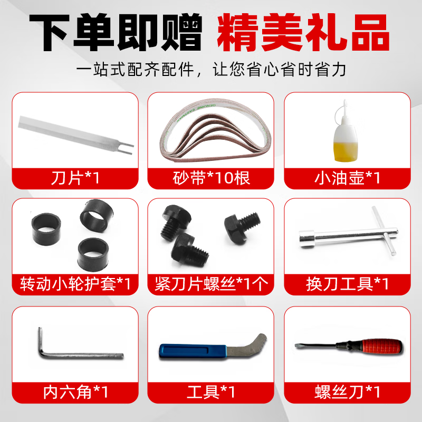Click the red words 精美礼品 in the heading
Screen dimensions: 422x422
pyautogui.click(x=301, y=33)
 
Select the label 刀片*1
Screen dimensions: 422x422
pyautogui.click(x=75, y=178)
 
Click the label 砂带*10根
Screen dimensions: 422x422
pyautogui.click(x=211, y=178)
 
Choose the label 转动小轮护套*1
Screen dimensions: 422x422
pyautogui.click(x=75, y=284)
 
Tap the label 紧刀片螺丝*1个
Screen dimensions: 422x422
pyautogui.click(x=211, y=284)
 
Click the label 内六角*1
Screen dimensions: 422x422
pyautogui.click(x=75, y=392)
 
